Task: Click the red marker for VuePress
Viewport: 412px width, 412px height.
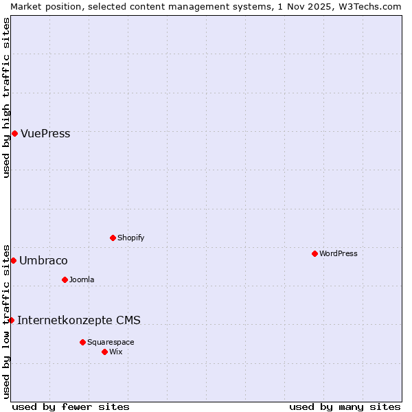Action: tap(14, 133)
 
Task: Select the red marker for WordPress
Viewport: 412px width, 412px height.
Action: tap(314, 253)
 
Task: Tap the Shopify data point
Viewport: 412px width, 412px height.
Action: tap(113, 238)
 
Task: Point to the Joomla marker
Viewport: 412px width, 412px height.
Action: tap(65, 279)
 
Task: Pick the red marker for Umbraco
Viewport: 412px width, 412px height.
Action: tap(13, 260)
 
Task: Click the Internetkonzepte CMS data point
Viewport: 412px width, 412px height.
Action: tap(11, 320)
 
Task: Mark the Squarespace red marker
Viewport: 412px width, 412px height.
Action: tap(82, 342)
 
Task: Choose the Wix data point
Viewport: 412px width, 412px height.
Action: tap(104, 352)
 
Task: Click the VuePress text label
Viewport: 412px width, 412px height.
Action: tap(45, 134)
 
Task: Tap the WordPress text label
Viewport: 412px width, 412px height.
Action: tap(338, 253)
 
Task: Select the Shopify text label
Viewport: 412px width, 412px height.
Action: tap(130, 238)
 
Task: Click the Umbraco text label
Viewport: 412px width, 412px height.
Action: tap(43, 261)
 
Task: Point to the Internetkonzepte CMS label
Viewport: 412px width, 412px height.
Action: tap(79, 320)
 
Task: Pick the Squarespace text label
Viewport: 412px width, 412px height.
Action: tap(111, 342)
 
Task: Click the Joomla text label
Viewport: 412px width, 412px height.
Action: tap(82, 279)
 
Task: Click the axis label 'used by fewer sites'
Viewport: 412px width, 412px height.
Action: tap(71, 407)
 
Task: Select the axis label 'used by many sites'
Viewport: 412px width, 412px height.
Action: tap(345, 407)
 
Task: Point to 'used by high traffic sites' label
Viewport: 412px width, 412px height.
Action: tap(6, 98)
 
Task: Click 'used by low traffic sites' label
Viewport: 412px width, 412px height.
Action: tap(6, 321)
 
